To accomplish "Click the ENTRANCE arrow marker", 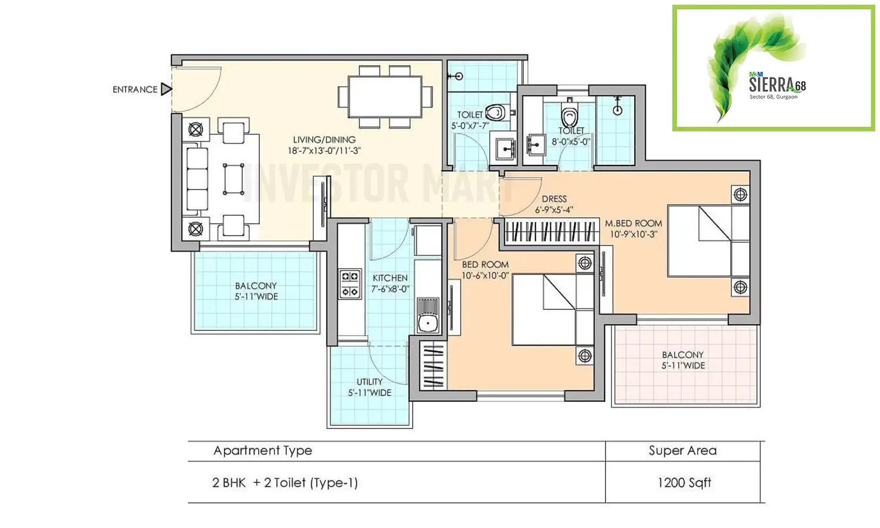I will (x=167, y=89).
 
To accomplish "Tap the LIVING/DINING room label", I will (x=324, y=140).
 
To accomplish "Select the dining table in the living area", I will (x=385, y=96).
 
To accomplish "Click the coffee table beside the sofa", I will (x=233, y=179).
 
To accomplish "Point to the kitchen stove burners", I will (x=350, y=284).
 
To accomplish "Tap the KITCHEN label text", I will (x=390, y=278).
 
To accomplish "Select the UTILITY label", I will (x=370, y=382).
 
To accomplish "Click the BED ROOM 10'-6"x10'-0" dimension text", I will (x=485, y=276).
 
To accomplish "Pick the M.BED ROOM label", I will (x=634, y=224).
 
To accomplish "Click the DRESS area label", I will (x=554, y=199).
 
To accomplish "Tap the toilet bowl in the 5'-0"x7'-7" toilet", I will (x=496, y=112).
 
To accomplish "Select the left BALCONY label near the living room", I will (x=256, y=286).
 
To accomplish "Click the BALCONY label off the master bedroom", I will (x=683, y=355).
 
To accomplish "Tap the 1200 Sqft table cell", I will (x=684, y=483).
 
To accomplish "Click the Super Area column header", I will (x=682, y=451).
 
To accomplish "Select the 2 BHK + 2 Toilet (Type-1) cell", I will (x=285, y=483).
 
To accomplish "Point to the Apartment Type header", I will (x=262, y=451).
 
